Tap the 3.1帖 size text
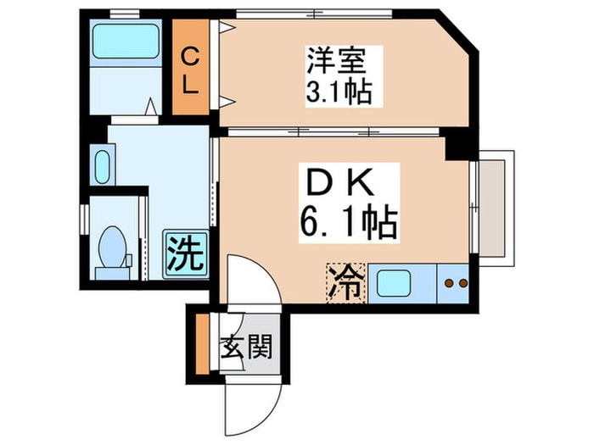(339, 92)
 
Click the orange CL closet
(191, 67)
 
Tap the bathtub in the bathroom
(126, 41)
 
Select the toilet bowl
(112, 248)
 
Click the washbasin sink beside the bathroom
(102, 167)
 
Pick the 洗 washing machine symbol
(186, 253)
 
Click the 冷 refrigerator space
(346, 283)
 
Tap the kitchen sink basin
(394, 283)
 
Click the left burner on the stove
(450, 283)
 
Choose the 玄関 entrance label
(247, 347)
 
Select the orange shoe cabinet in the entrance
(203, 344)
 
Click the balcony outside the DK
(496, 209)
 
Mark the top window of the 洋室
(314, 14)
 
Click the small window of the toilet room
(85, 220)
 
